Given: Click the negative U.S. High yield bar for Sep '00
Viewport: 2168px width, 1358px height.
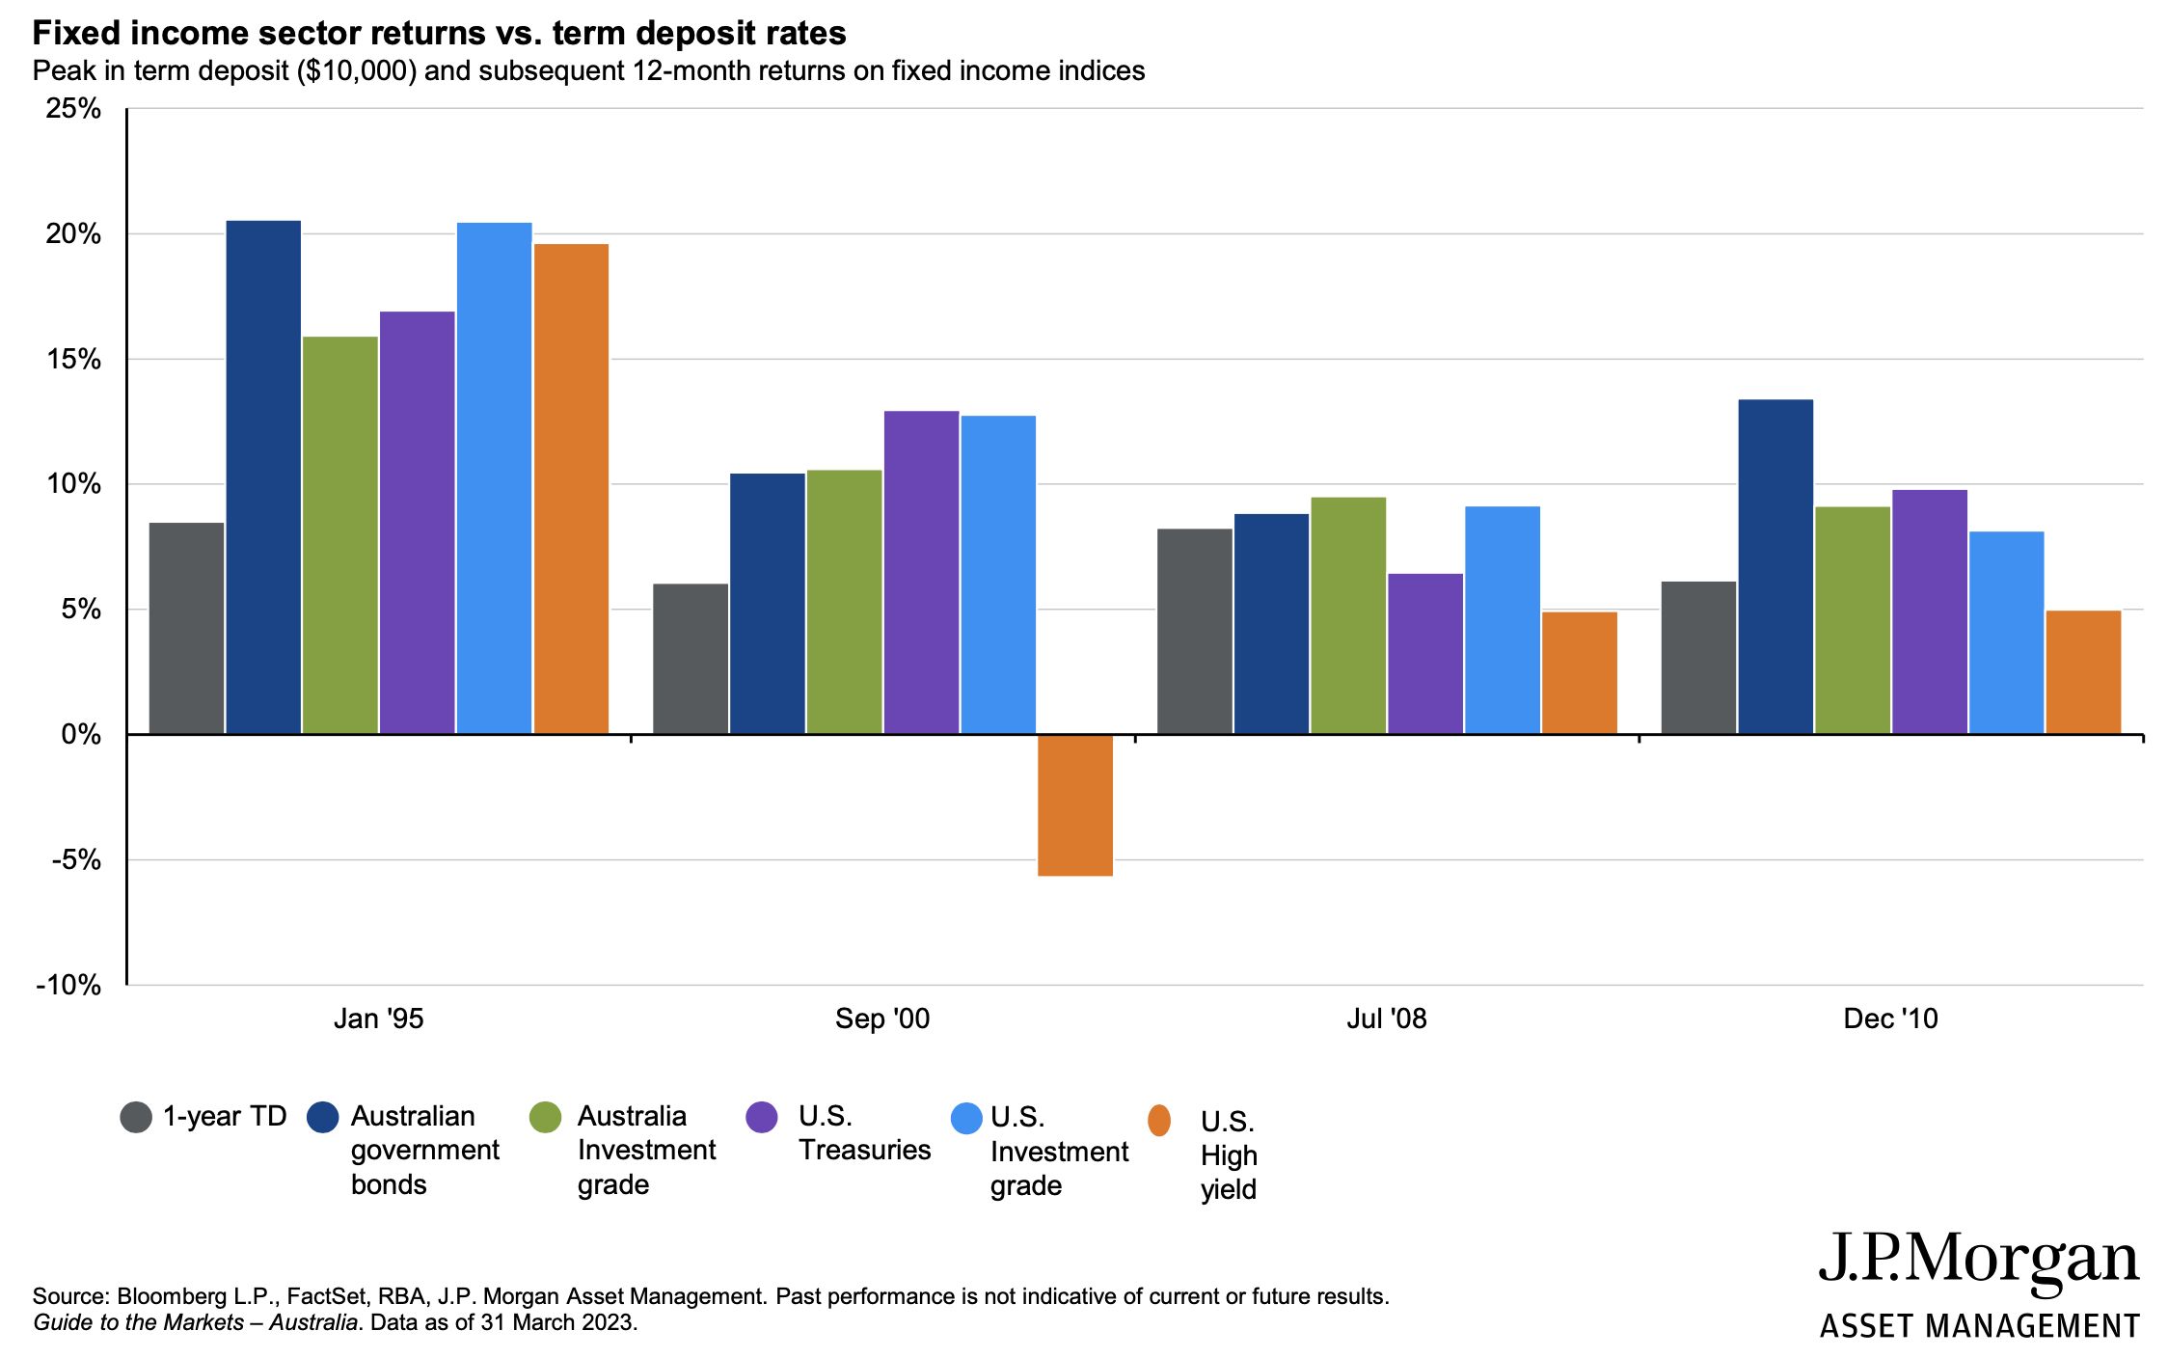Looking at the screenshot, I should click(x=1075, y=805).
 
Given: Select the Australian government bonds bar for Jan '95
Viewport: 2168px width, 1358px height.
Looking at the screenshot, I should click(x=263, y=477).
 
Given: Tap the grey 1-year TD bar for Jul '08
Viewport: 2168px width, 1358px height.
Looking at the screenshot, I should click(x=1194, y=632).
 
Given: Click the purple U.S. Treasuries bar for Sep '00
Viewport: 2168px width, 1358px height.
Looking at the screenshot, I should click(x=921, y=573).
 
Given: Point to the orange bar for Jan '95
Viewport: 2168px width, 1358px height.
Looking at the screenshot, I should click(x=571, y=489).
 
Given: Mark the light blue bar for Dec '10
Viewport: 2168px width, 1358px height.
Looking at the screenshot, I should click(x=2006, y=633).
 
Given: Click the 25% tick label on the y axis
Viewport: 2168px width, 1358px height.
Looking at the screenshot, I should click(x=73, y=108).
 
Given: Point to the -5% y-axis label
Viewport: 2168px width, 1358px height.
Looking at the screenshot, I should click(x=71, y=859).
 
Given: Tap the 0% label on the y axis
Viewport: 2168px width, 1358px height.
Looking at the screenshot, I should click(x=81, y=735).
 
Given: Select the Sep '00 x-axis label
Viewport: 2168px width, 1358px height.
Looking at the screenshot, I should click(x=882, y=1018).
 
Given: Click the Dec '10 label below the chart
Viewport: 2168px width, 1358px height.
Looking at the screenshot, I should click(x=1890, y=1018).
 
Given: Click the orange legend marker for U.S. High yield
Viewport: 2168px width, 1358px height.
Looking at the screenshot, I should click(x=1159, y=1121).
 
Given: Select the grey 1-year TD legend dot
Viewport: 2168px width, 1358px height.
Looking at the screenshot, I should click(x=136, y=1117).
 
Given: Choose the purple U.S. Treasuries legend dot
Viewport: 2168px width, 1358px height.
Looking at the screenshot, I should click(x=762, y=1117).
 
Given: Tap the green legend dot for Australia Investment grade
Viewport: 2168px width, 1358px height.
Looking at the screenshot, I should click(x=546, y=1117).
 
